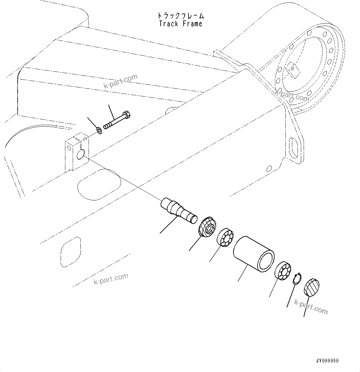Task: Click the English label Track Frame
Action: pos(180,24)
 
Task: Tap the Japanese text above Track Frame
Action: pos(180,16)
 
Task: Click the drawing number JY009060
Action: pos(327,361)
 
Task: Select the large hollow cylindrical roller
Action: pos(254,255)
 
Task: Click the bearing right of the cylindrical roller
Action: pos(283,271)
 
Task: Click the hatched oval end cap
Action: pos(312,288)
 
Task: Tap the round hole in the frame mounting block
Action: pos(80,154)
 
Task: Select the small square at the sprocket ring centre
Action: pos(293,69)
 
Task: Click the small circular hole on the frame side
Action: pos(269,169)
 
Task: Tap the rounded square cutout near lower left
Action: pos(71,252)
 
